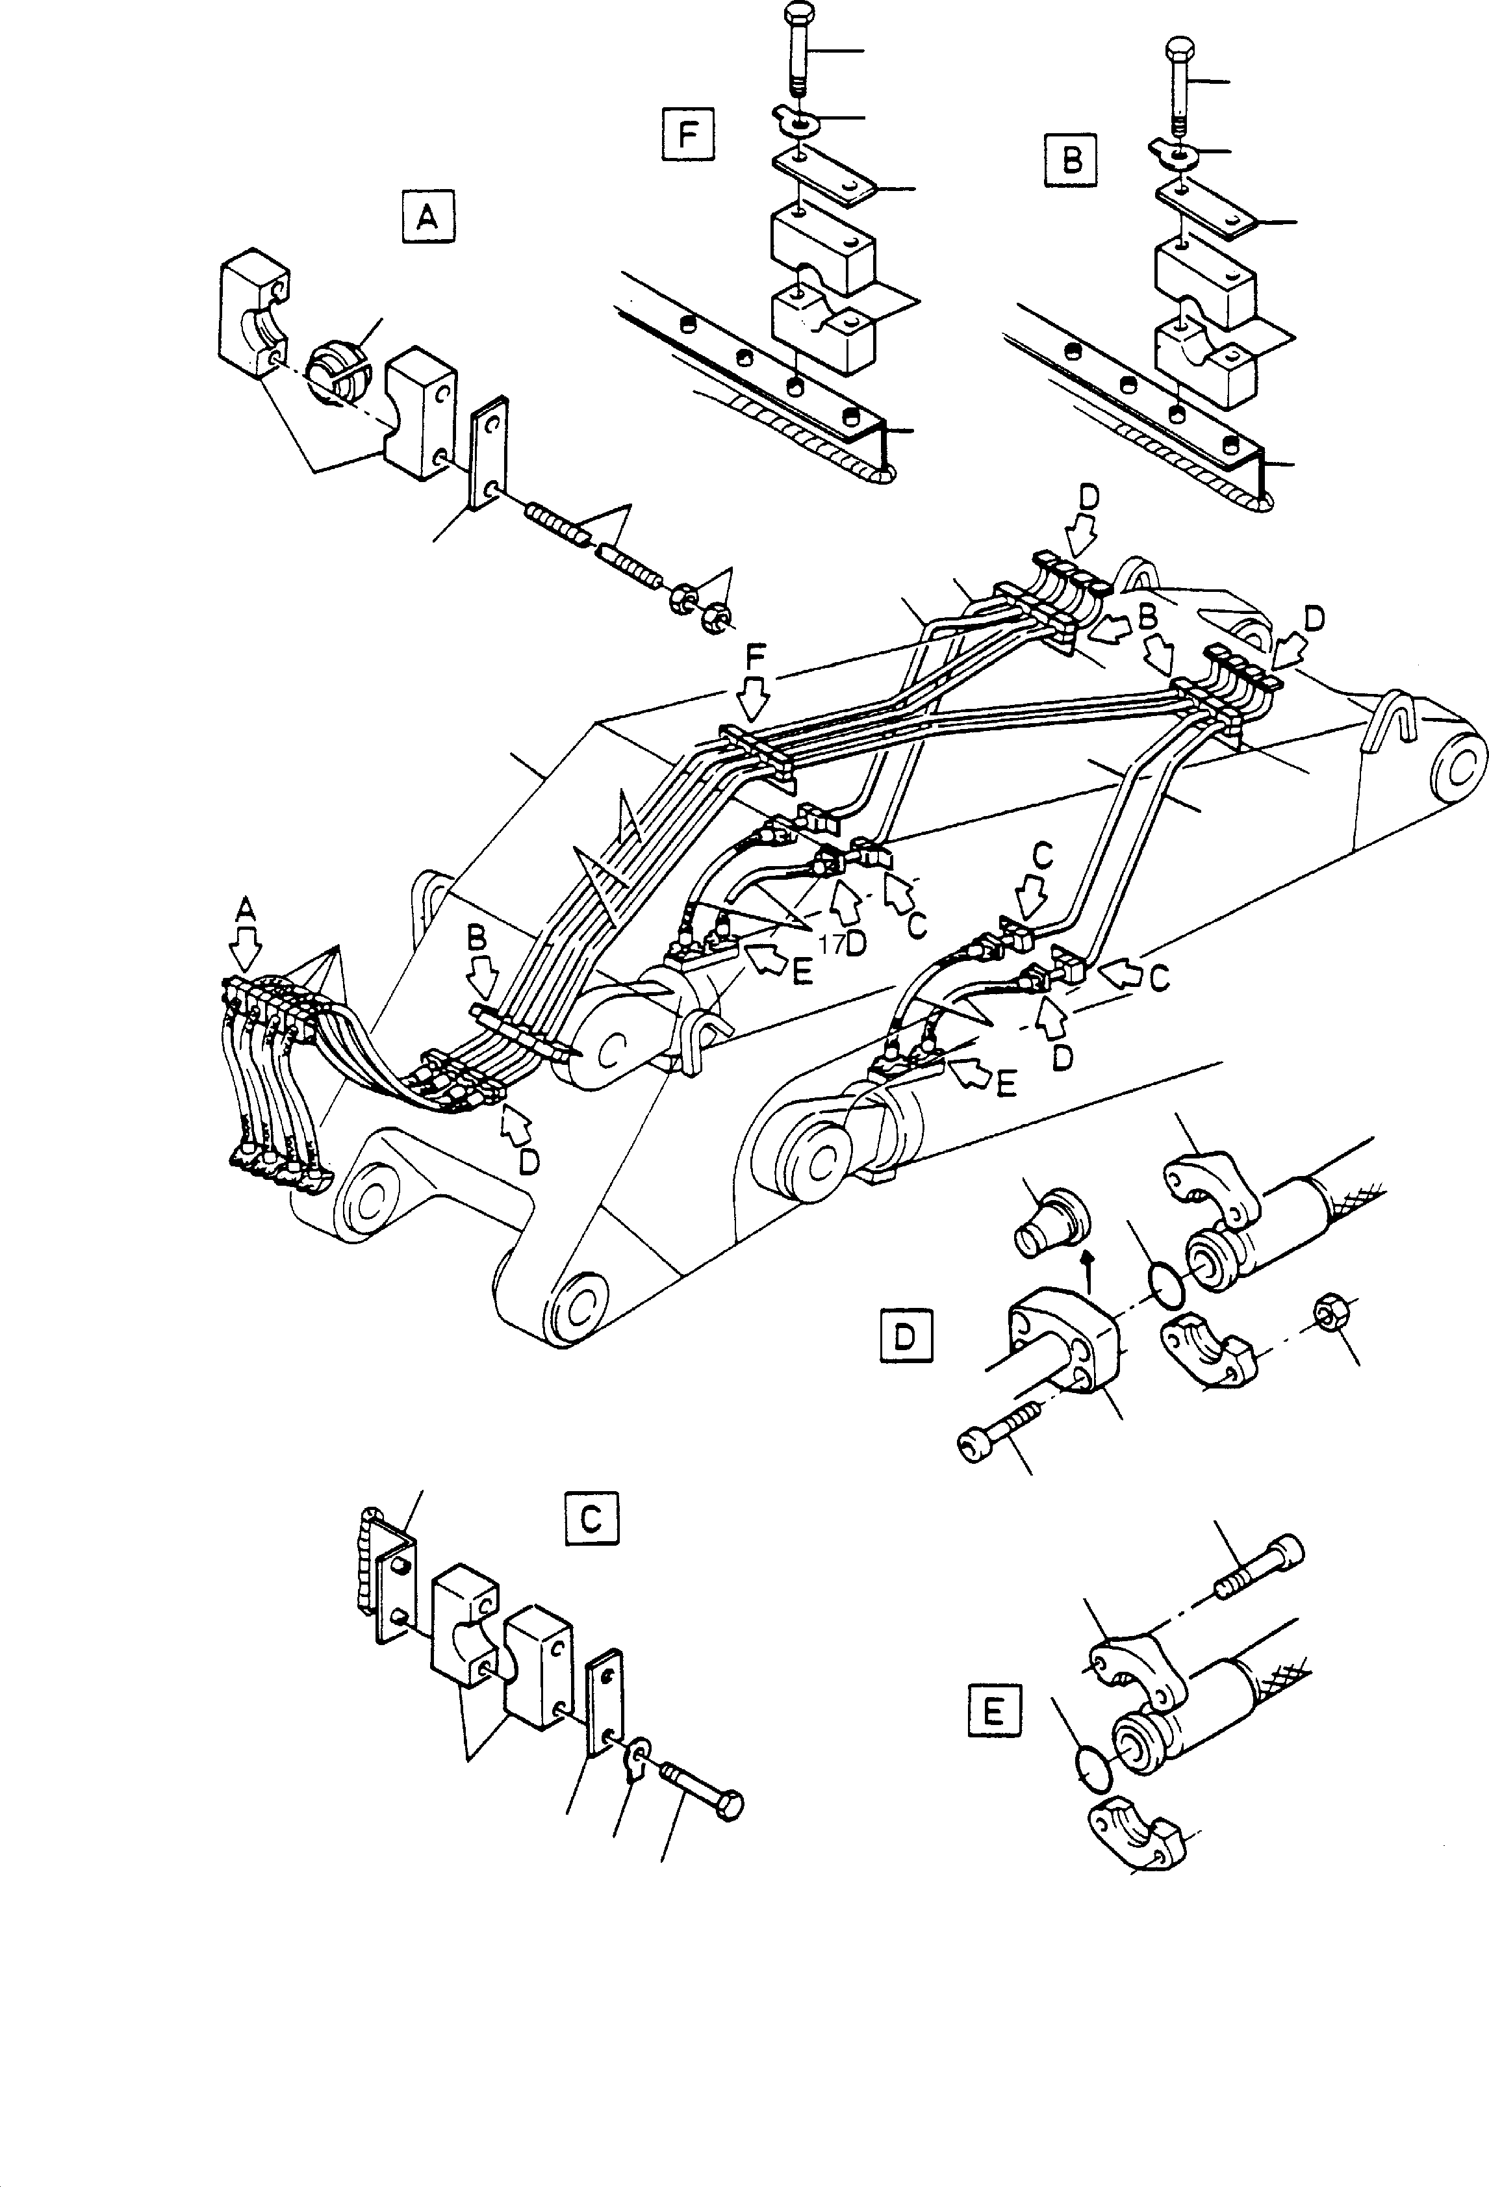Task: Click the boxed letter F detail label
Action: [x=688, y=134]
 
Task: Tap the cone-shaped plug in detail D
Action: [x=1053, y=1222]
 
